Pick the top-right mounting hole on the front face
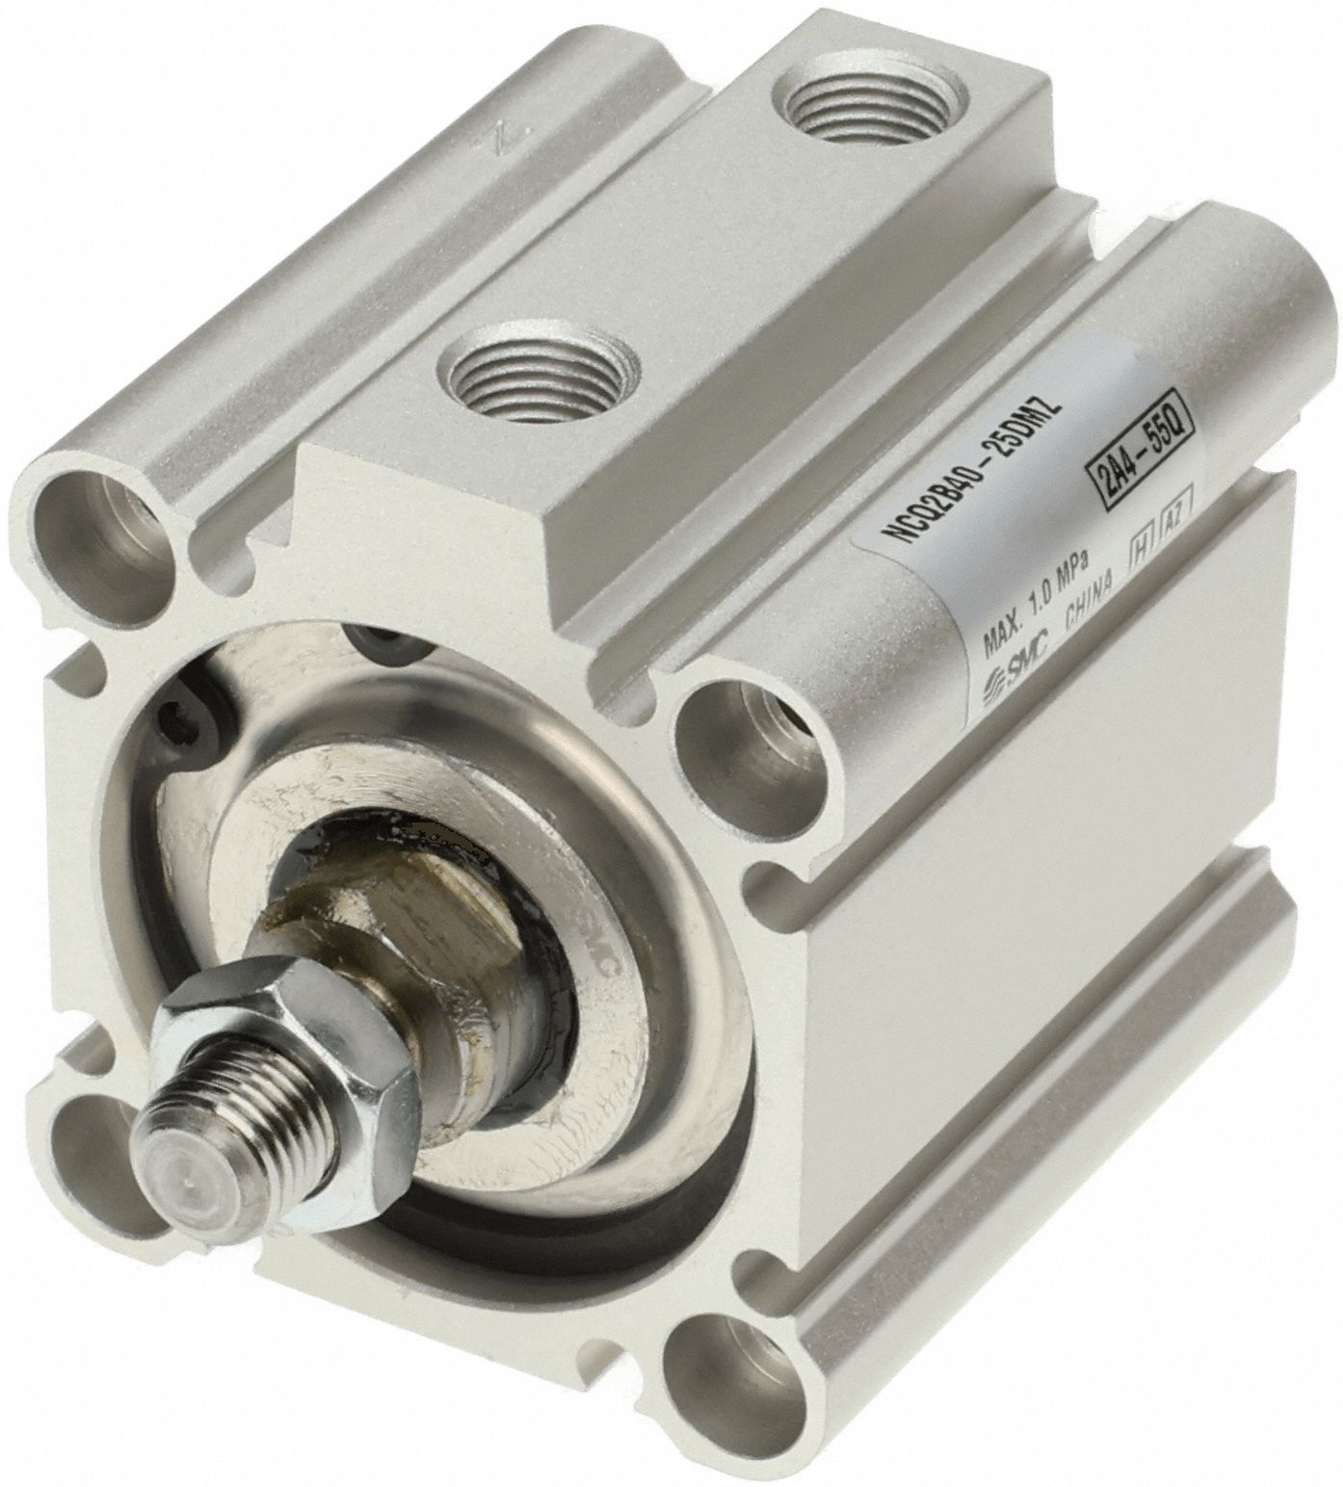[750, 732]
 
